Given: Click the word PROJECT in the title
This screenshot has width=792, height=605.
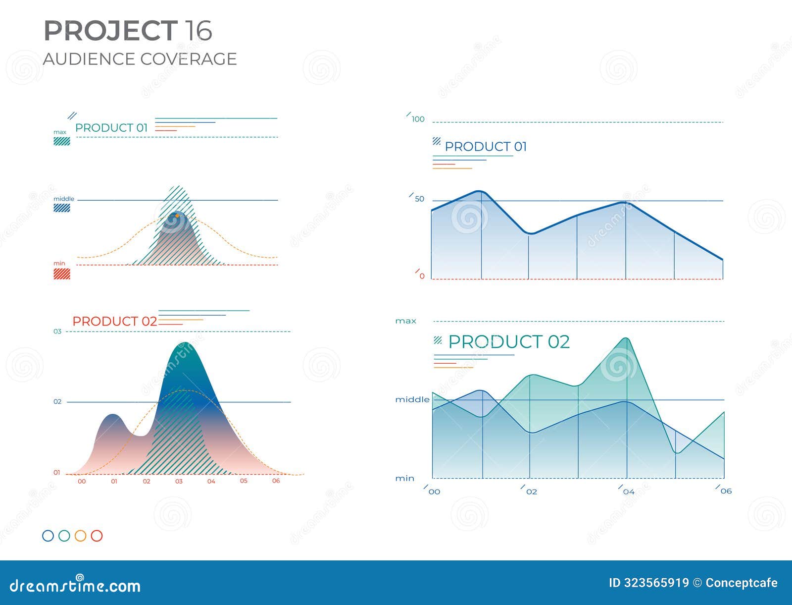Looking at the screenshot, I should click(110, 31).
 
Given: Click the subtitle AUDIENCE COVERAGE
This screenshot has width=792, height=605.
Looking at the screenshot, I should click(140, 59).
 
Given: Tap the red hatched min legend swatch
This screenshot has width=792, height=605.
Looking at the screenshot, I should click(62, 274).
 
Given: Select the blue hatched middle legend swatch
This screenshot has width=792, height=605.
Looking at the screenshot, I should click(62, 208).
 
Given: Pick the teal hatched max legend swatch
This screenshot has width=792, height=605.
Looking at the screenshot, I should click(62, 141).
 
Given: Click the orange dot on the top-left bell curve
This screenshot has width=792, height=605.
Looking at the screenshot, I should click(177, 216).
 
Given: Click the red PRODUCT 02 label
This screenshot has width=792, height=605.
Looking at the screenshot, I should click(114, 321).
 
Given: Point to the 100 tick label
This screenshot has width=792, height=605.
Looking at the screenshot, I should click(418, 119).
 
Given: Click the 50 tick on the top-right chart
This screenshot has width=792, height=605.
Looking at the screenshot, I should click(419, 199).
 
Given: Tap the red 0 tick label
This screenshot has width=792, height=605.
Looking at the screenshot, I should click(422, 276).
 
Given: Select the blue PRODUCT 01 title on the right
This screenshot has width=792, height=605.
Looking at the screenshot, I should click(486, 147).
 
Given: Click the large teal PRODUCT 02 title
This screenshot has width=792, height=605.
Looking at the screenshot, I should click(508, 342).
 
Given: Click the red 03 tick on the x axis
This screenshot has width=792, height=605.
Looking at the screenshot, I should click(179, 481).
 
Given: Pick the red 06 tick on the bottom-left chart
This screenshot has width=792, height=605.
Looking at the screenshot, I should click(276, 481).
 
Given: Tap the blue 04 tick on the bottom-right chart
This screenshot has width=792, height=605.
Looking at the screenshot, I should click(628, 492).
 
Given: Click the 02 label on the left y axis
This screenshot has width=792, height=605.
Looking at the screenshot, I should click(57, 401).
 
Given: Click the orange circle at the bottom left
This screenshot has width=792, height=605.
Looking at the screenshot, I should click(80, 536).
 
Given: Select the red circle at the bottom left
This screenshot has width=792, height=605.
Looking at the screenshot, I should click(97, 536).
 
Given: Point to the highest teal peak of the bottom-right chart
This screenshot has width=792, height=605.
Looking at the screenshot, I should click(626, 339).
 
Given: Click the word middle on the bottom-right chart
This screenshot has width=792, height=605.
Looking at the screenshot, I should click(412, 399).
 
